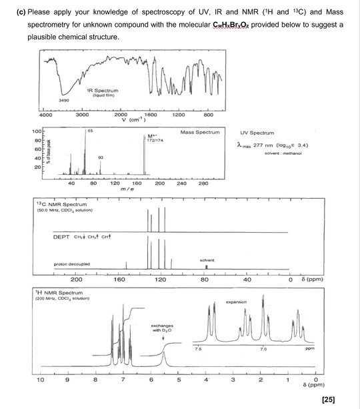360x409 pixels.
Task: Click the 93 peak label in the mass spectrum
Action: point(100,155)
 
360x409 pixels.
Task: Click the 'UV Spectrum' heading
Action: point(261,132)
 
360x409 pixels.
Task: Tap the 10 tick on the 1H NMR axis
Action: point(41,380)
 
